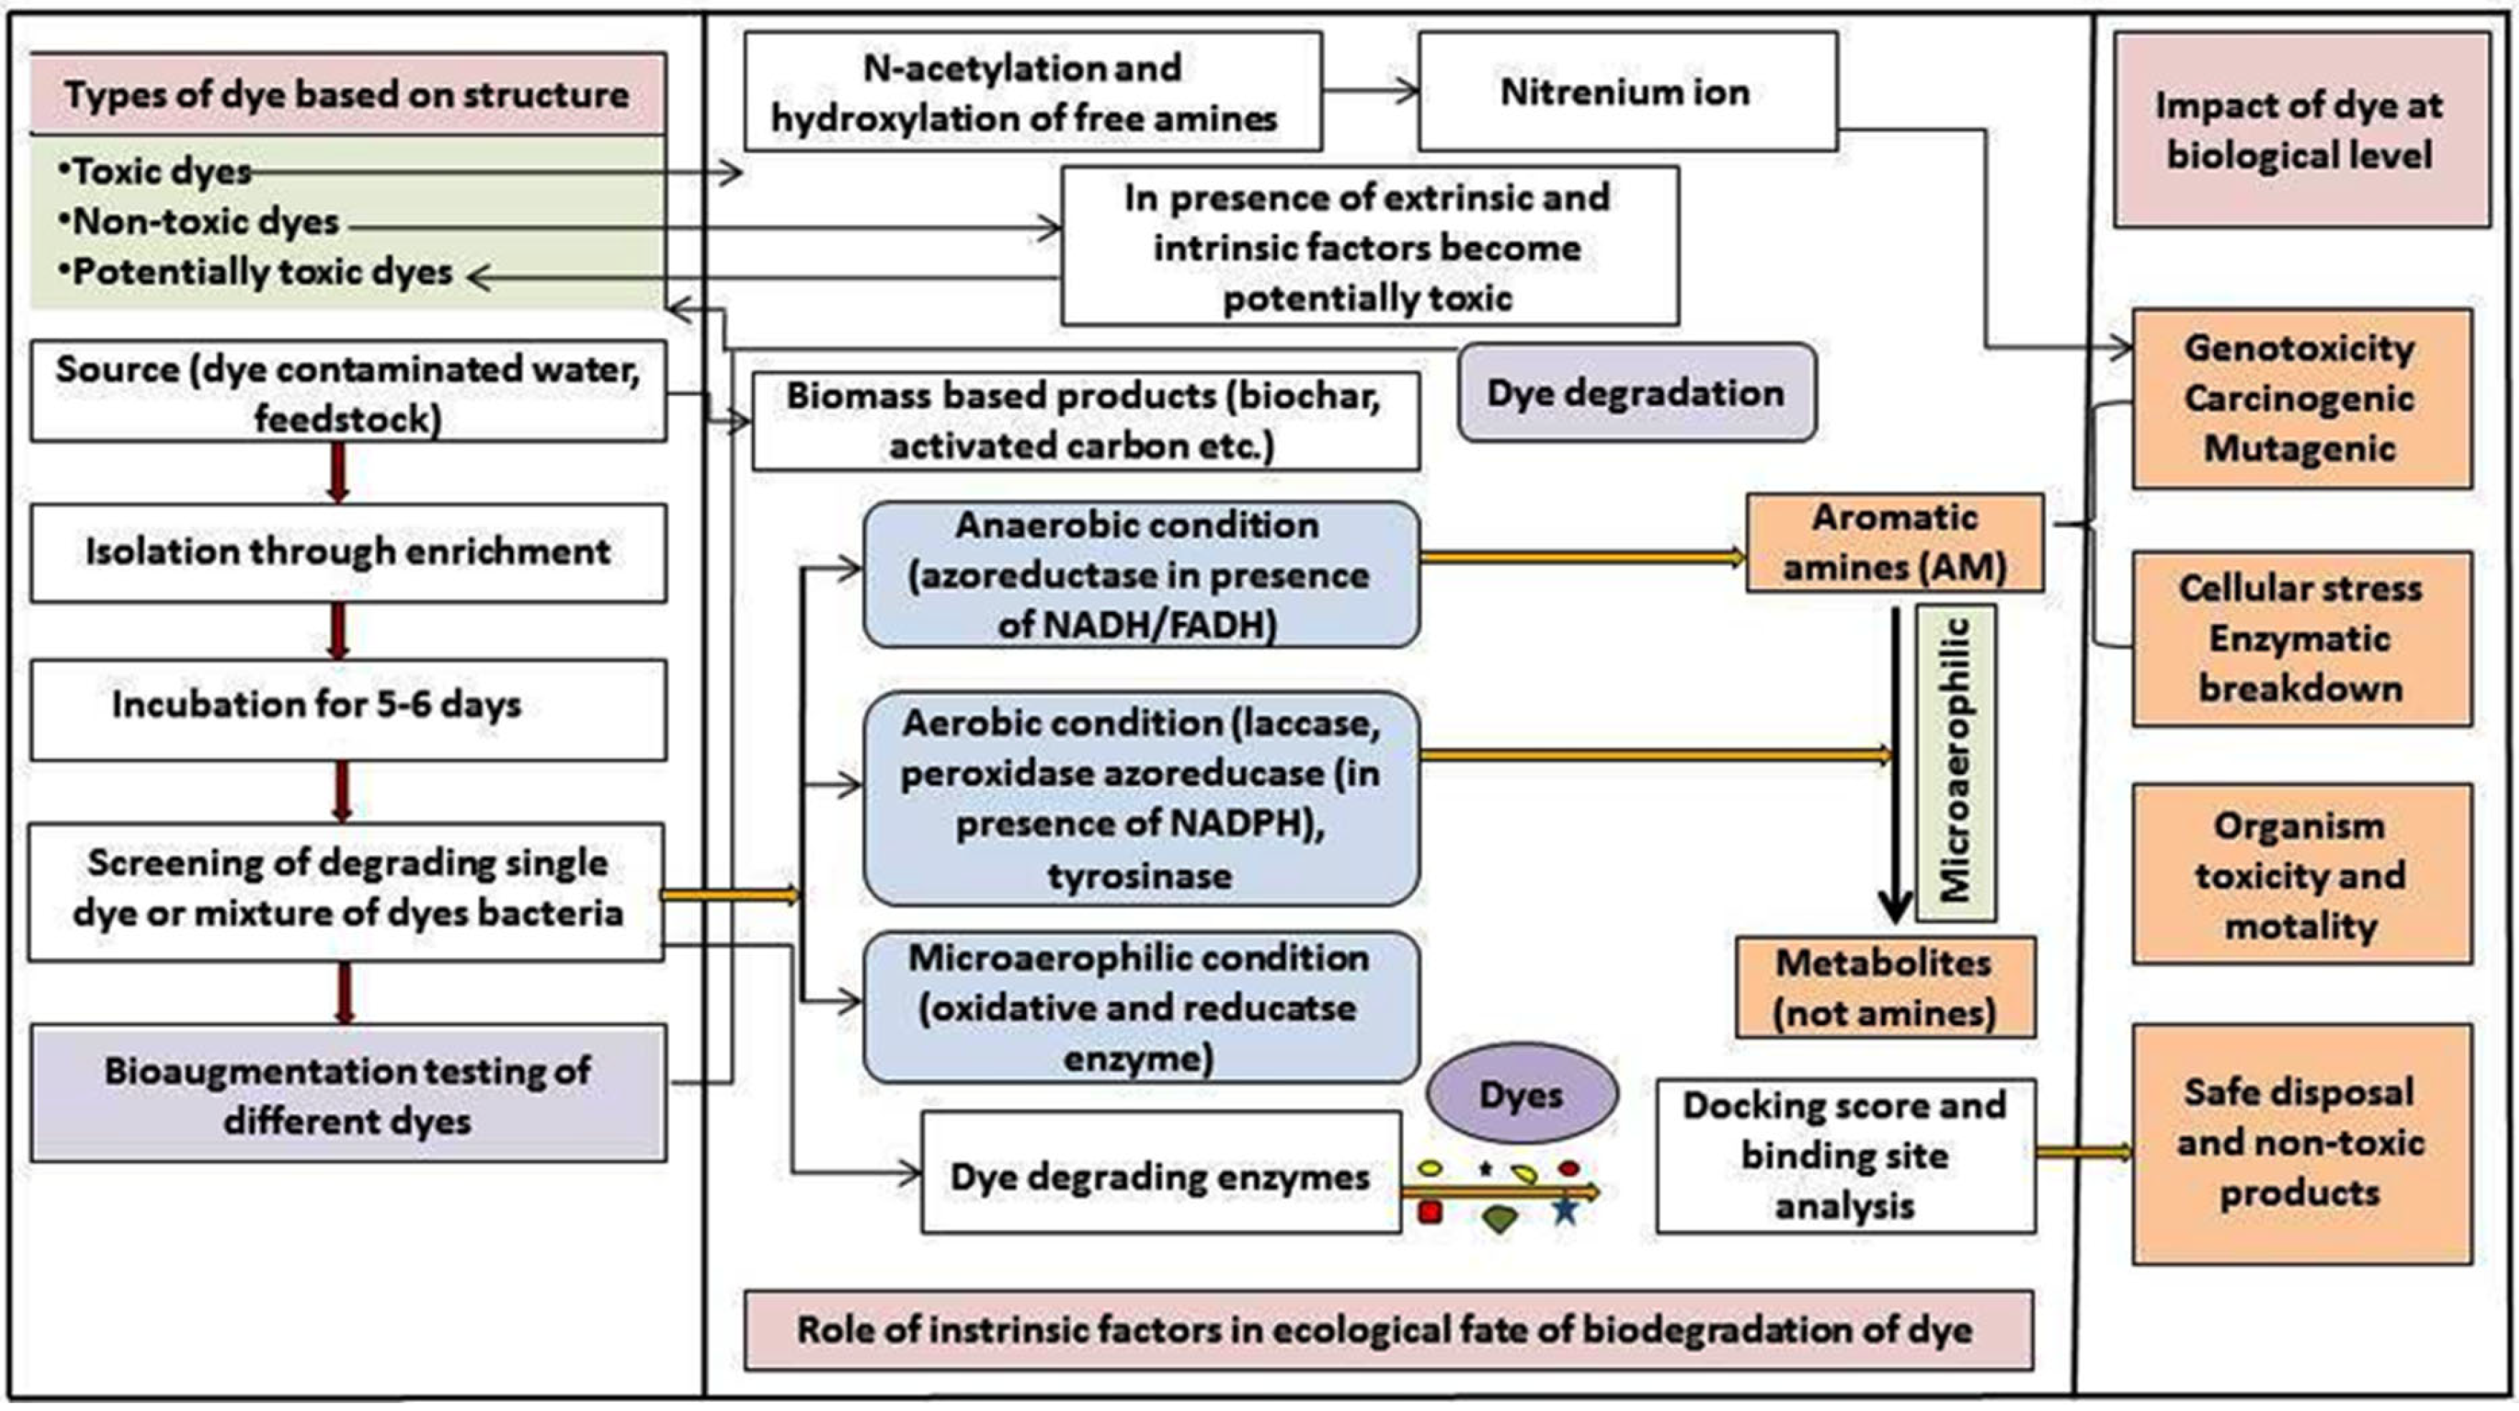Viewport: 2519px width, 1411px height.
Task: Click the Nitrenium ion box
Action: pos(1627,92)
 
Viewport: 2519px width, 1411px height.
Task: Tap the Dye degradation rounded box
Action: pos(1636,393)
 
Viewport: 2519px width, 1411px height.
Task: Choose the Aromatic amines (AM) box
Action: pos(1894,543)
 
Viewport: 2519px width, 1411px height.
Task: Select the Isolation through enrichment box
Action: pos(347,552)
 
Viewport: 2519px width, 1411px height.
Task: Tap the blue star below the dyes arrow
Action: pos(1565,1212)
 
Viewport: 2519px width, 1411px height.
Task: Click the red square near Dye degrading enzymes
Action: pos(1430,1212)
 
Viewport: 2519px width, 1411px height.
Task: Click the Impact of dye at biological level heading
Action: pos(2300,130)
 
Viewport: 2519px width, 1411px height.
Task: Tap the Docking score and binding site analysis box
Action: pos(1845,1156)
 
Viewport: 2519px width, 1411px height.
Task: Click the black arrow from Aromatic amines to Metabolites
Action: pos(1895,763)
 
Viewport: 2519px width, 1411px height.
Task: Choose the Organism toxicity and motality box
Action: pos(2301,875)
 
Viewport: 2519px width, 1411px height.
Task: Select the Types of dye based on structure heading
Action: pos(347,95)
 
